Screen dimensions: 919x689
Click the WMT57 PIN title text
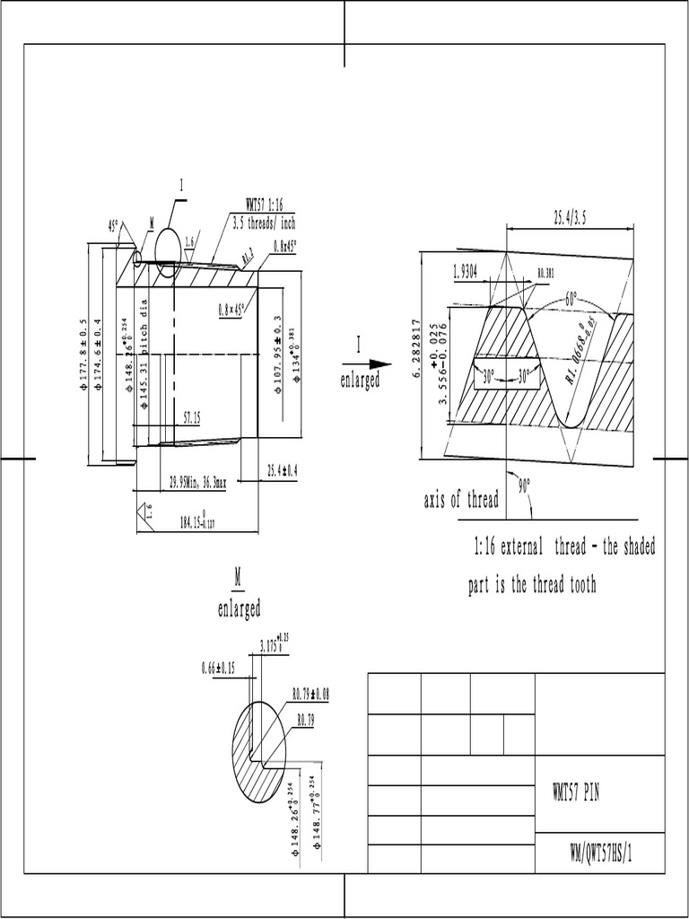(575, 793)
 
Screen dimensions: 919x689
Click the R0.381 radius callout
(545, 272)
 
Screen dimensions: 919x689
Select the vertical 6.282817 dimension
(415, 348)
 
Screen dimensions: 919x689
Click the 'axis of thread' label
(460, 500)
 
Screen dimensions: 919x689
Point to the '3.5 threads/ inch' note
(264, 223)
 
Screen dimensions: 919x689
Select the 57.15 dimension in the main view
(191, 417)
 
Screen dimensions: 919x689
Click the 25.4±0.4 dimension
(282, 470)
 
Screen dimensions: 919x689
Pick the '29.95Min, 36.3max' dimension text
(197, 482)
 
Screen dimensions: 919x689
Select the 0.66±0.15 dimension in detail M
(218, 668)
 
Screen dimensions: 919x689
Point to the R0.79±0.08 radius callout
(311, 694)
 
